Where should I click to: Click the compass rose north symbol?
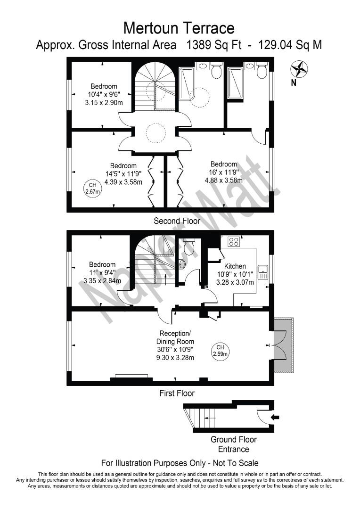pos(299,69)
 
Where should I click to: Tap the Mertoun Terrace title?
pos(179,28)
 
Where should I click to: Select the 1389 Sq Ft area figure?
pos(213,45)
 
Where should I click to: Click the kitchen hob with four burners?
pos(234,241)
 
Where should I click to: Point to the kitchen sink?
pos(262,272)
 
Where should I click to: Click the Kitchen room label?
pos(235,266)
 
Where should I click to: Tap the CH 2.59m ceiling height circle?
pos(220,351)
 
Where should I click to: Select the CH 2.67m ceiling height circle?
pos(93,188)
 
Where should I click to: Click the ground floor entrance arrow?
pos(275,418)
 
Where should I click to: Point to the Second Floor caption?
pos(177,221)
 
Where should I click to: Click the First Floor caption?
pos(177,394)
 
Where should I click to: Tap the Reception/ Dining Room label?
pos(175,337)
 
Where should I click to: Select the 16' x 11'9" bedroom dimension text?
pos(224,172)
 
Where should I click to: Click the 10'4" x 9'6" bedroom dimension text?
pos(104,94)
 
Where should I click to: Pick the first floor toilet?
pos(188,246)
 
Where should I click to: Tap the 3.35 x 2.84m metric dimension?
pos(102,281)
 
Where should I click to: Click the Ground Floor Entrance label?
pos(234,444)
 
